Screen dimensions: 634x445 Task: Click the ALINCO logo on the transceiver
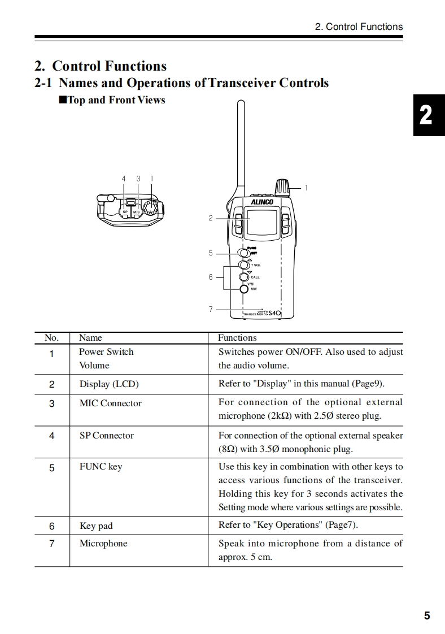[261, 202]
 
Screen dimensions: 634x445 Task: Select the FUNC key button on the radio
[243, 253]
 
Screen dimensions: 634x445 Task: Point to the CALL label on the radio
[255, 277]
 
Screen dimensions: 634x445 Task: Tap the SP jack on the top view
[125, 212]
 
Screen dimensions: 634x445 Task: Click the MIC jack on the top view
[136, 212]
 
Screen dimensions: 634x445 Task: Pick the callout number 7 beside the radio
[211, 309]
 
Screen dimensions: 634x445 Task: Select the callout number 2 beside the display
[211, 218]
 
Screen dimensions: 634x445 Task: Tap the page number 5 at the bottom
[426, 616]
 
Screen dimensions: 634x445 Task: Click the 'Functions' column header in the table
[237, 338]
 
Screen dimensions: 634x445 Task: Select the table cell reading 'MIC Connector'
[110, 403]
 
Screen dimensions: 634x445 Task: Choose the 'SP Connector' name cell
[106, 436]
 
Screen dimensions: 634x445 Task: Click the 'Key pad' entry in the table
[96, 526]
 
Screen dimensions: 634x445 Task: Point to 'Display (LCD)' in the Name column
[108, 384]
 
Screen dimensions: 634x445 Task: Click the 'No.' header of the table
[51, 338]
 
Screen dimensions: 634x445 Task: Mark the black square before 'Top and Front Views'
[63, 100]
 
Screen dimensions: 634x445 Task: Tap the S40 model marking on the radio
[274, 313]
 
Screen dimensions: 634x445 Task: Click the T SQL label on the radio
[256, 265]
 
